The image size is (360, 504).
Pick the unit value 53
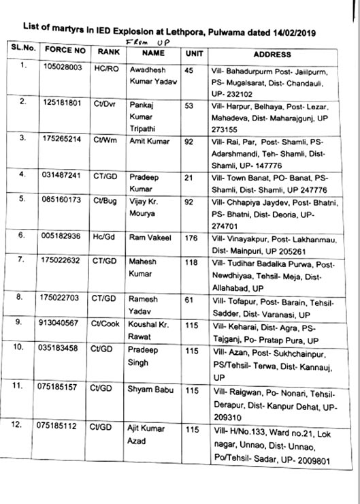tap(189, 105)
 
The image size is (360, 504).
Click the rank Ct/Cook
tap(106, 326)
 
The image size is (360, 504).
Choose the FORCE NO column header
tap(65, 51)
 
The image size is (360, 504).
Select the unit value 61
tap(190, 298)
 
